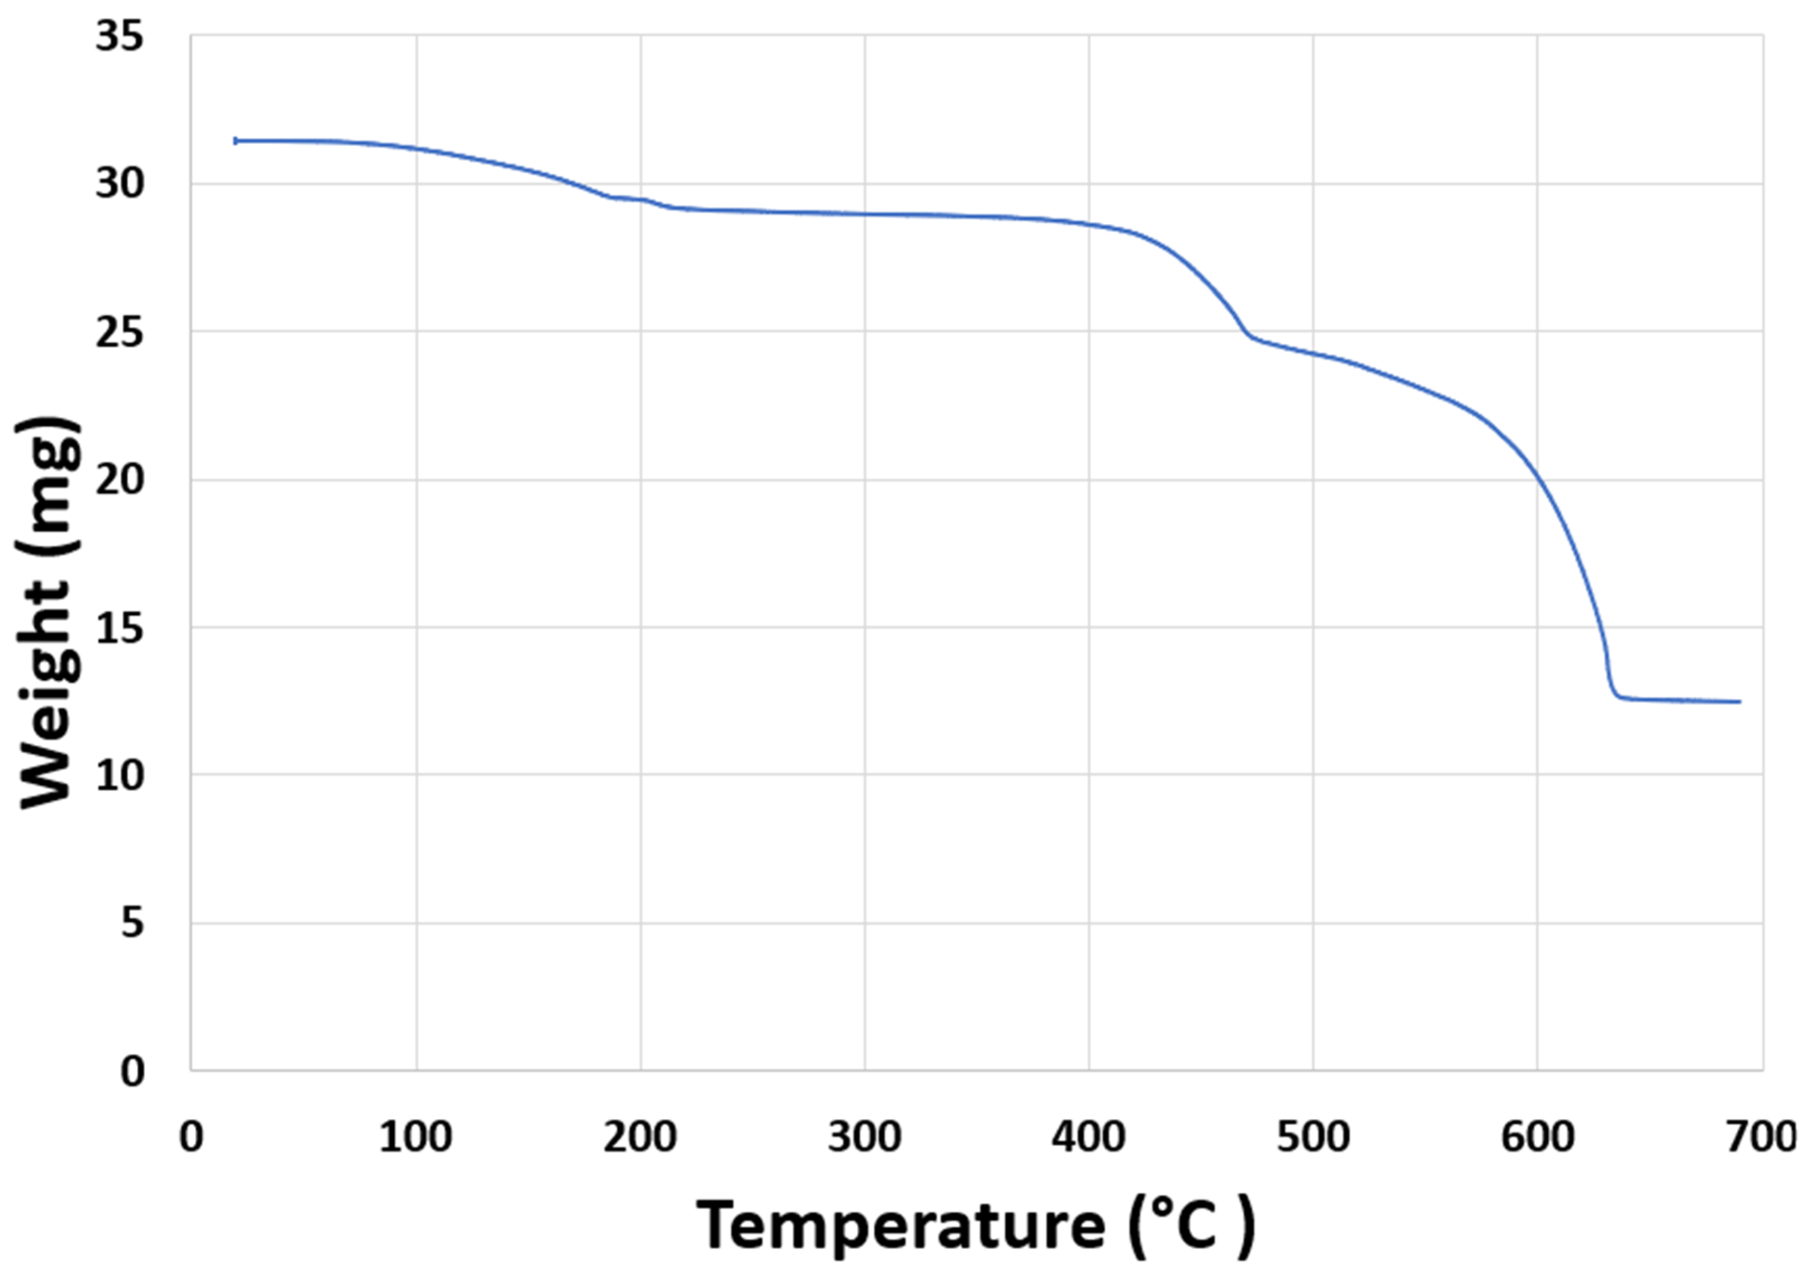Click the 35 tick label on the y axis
120,37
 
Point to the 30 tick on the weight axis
120,184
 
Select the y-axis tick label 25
120,332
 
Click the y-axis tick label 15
120,628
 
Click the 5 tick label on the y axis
132,923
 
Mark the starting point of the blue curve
235,141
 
